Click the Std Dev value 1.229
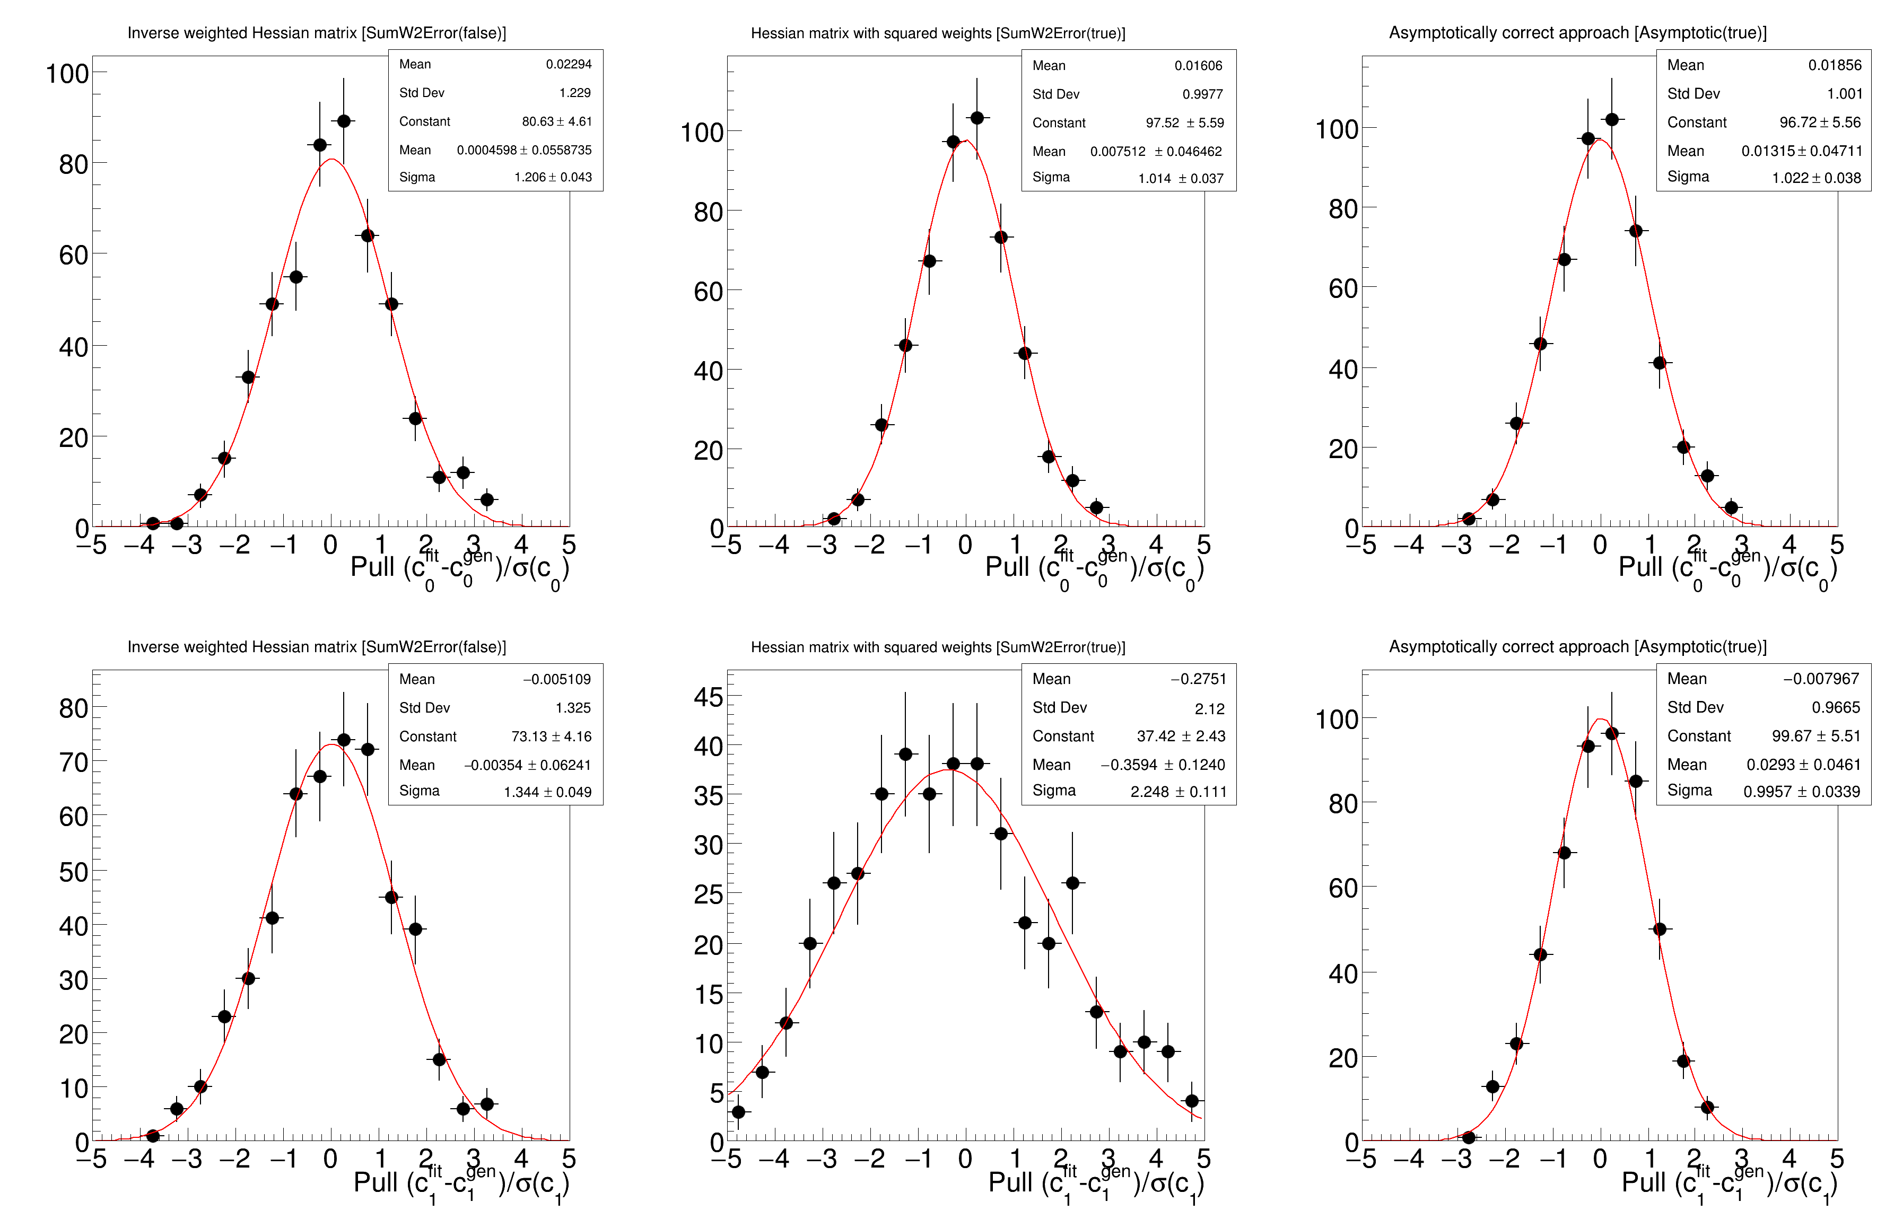tap(574, 92)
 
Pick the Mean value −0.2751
tap(1198, 679)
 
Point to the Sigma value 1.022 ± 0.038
tap(1816, 178)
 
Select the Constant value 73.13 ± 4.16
tap(551, 736)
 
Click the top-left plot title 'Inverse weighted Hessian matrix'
tap(317, 33)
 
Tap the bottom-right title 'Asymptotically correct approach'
tap(1577, 647)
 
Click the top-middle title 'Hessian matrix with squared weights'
tap(937, 33)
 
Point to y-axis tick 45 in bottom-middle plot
tap(708, 697)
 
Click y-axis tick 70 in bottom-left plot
tap(73, 762)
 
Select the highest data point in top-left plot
tap(344, 121)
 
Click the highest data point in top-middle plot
tap(977, 118)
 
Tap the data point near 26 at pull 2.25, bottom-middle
tap(1073, 883)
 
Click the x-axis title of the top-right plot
tap(1727, 568)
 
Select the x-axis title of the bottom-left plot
tap(460, 1182)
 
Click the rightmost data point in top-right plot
tap(1731, 507)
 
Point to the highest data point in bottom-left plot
tap(344, 740)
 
